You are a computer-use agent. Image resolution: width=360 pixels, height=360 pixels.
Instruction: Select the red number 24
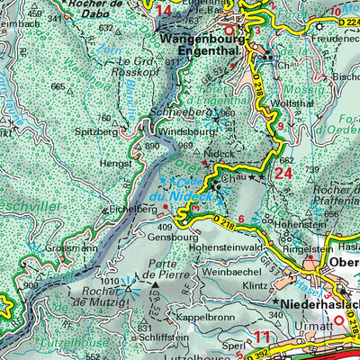coord(283,174)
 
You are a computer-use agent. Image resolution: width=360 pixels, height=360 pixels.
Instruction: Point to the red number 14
coord(163,11)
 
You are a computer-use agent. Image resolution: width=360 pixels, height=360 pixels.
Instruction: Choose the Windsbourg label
coord(189,131)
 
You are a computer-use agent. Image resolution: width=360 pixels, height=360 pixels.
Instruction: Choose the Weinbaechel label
coord(232,270)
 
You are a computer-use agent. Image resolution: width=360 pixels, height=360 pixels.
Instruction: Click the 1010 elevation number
coord(111,283)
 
